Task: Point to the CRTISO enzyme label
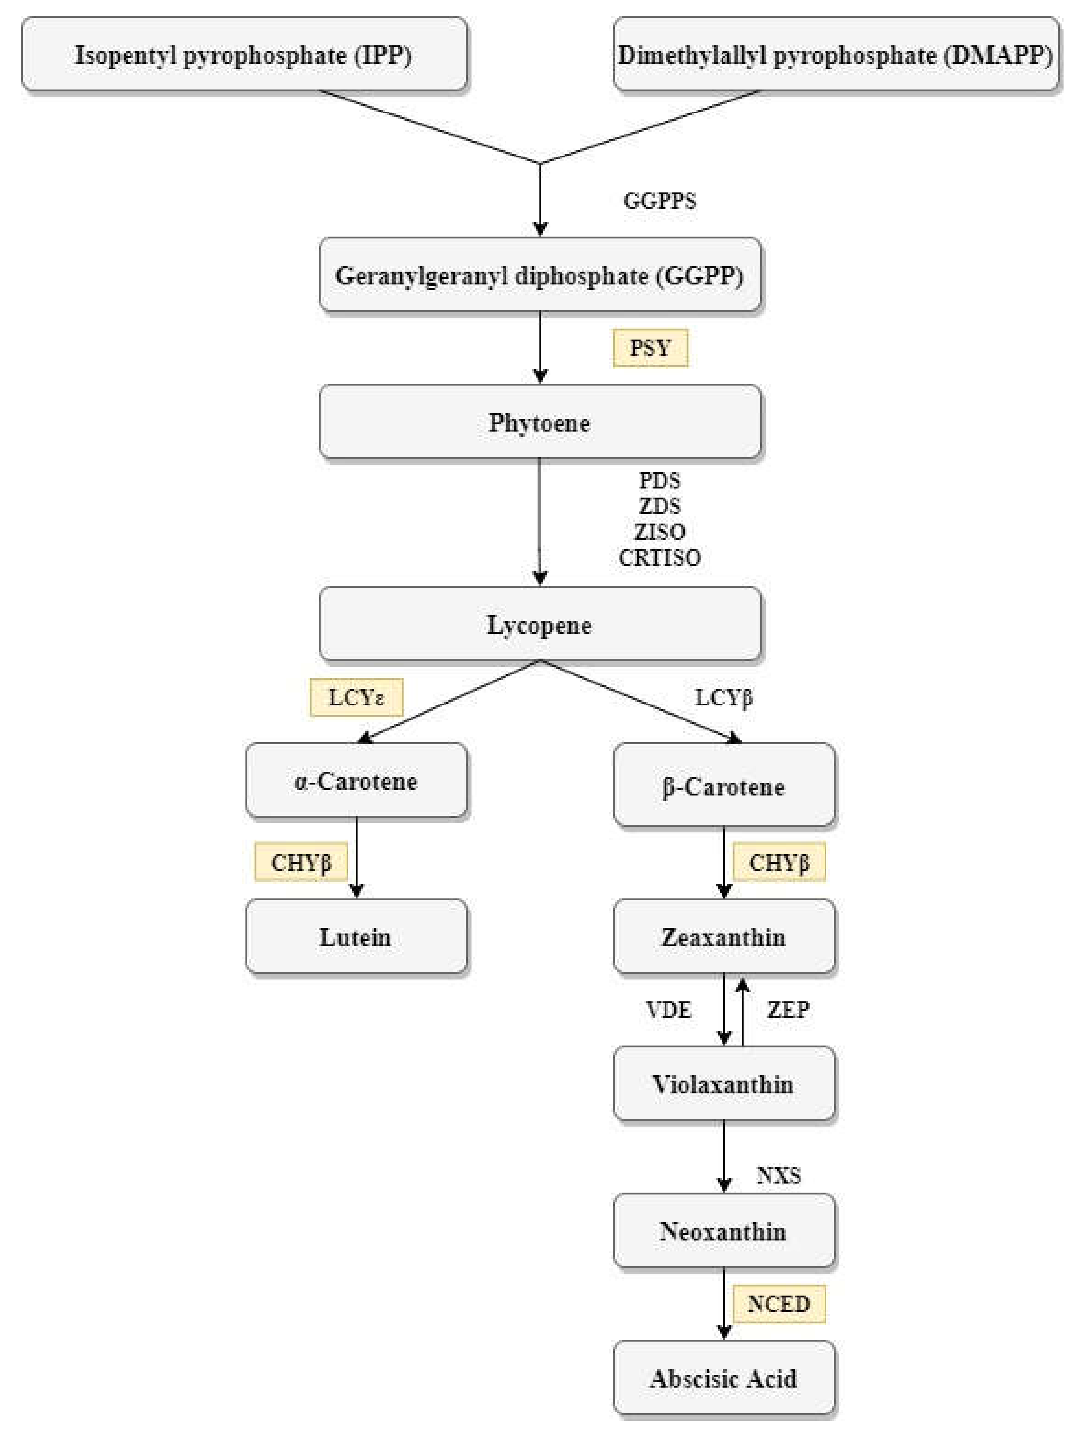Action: (659, 557)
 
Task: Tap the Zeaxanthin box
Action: (724, 937)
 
